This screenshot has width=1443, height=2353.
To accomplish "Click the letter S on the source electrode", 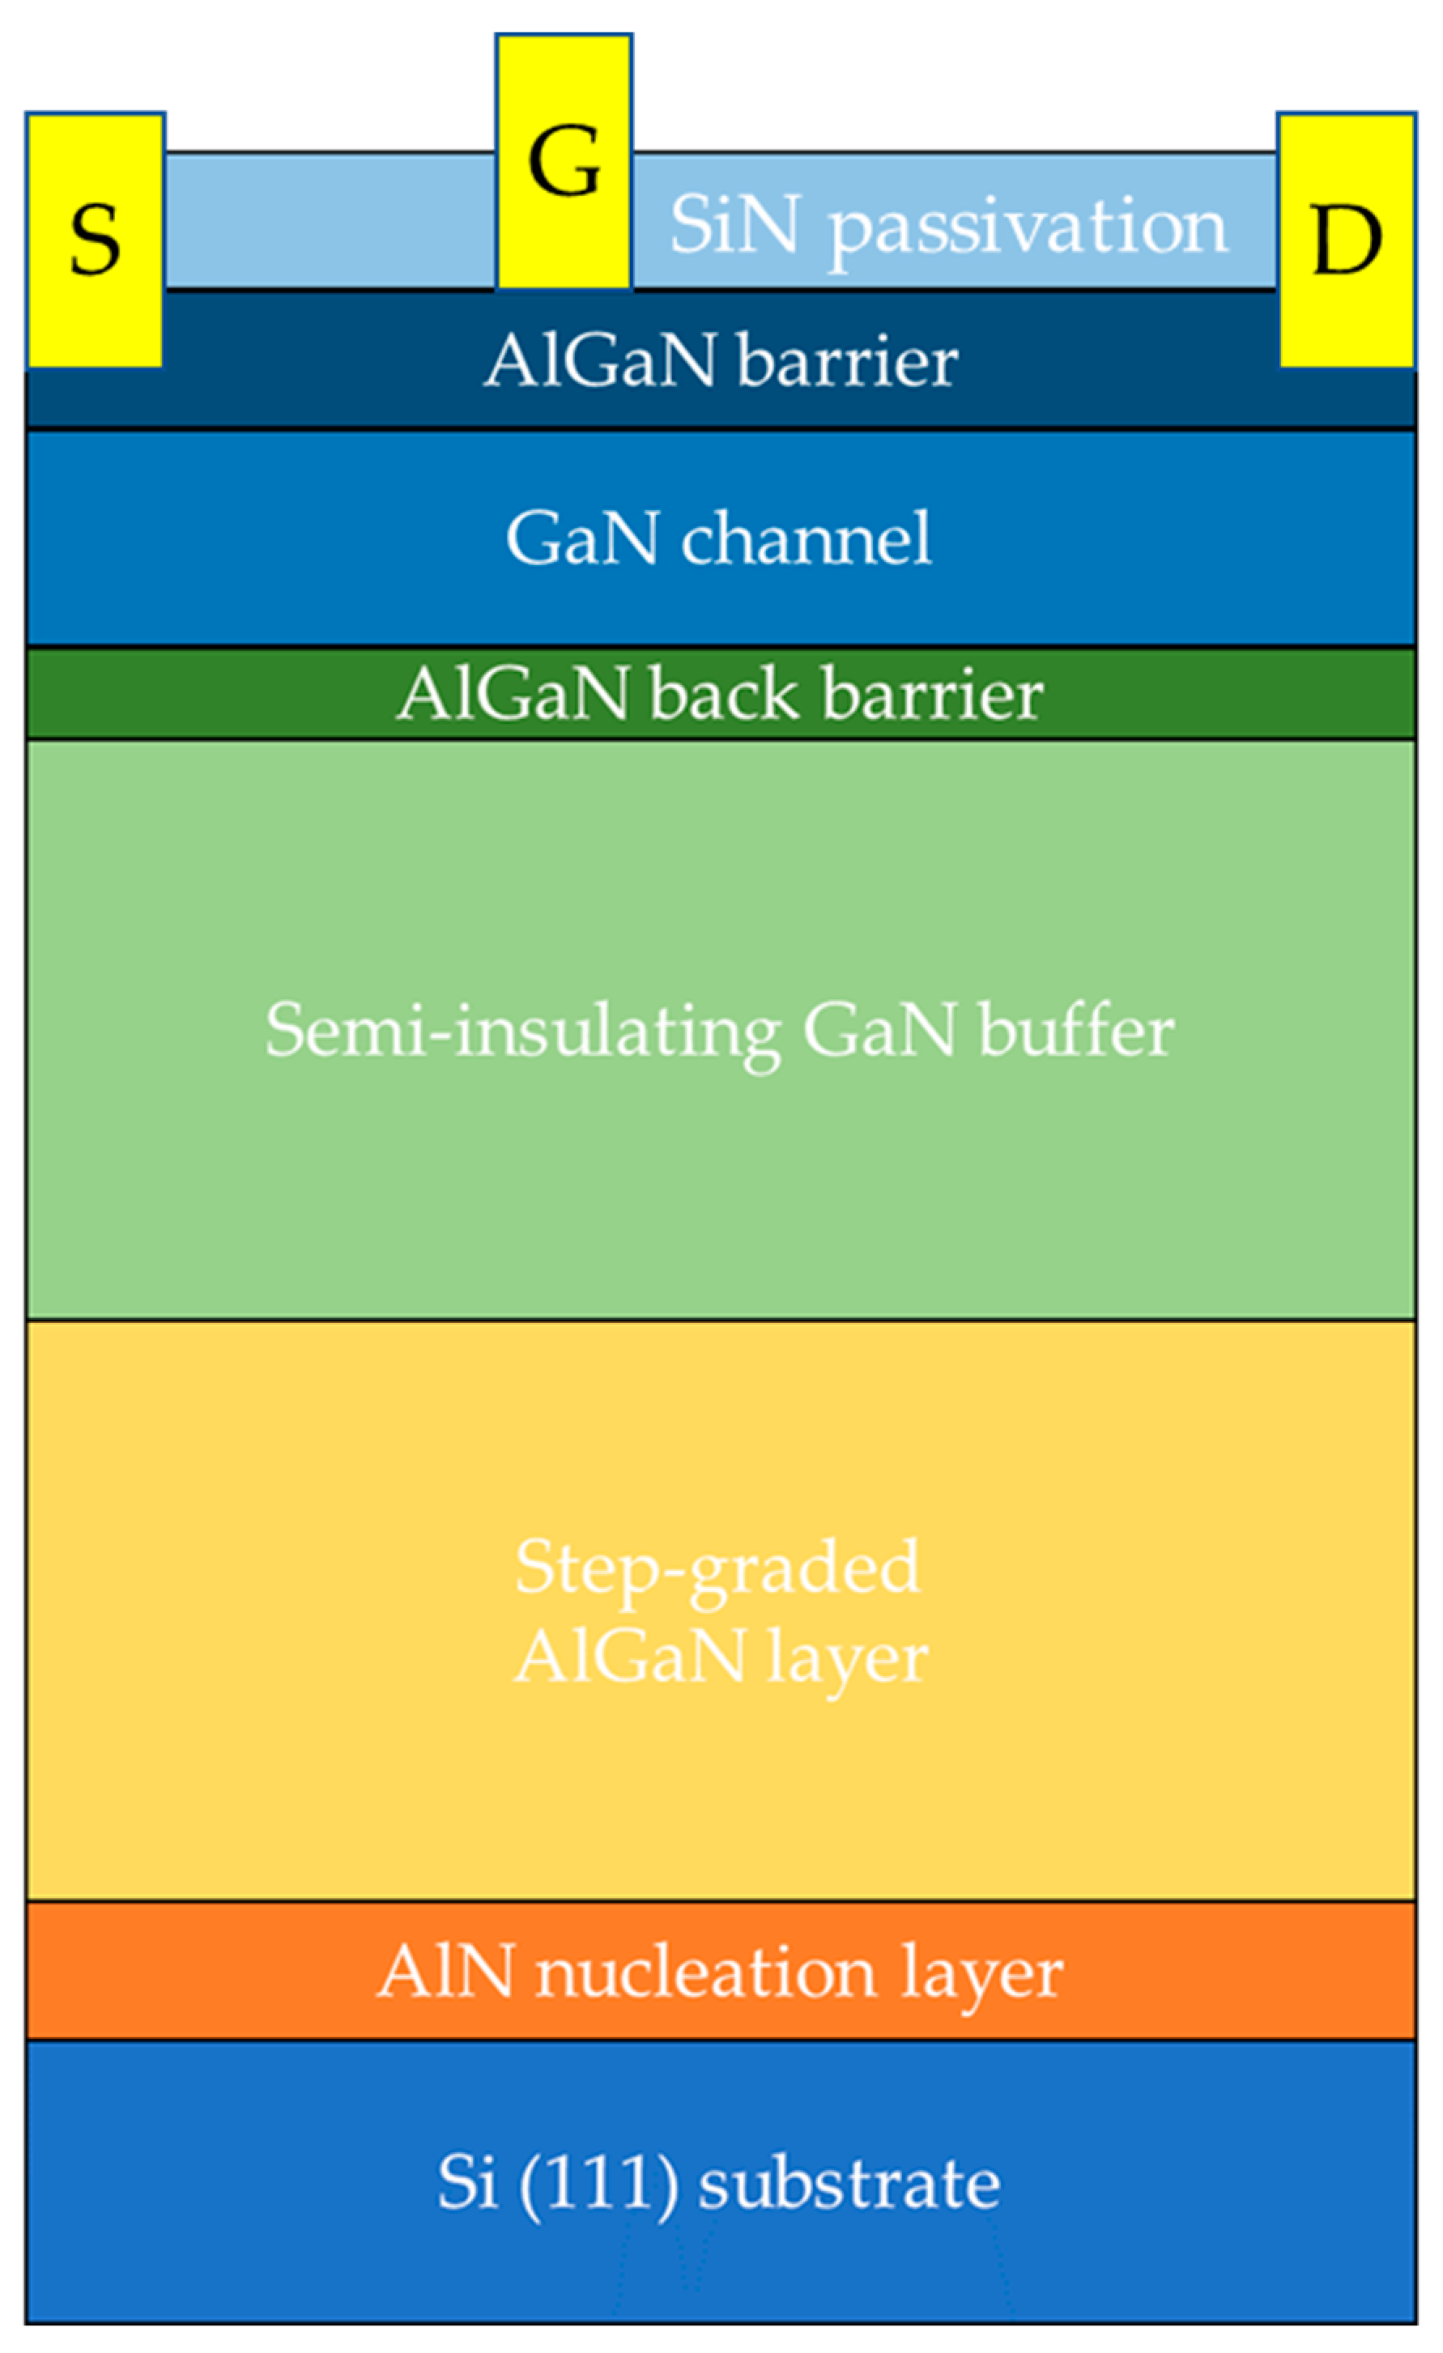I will point(95,240).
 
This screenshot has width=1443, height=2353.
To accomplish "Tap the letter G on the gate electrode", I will point(564,162).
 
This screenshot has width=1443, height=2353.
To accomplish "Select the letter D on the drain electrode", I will point(1347,240).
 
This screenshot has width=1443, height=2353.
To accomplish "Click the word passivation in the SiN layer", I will point(1028,228).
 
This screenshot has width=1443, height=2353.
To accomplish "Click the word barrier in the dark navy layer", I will point(848,363).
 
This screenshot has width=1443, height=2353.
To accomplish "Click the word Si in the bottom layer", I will point(467,2182).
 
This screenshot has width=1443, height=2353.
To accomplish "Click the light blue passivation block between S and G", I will point(330,219).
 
